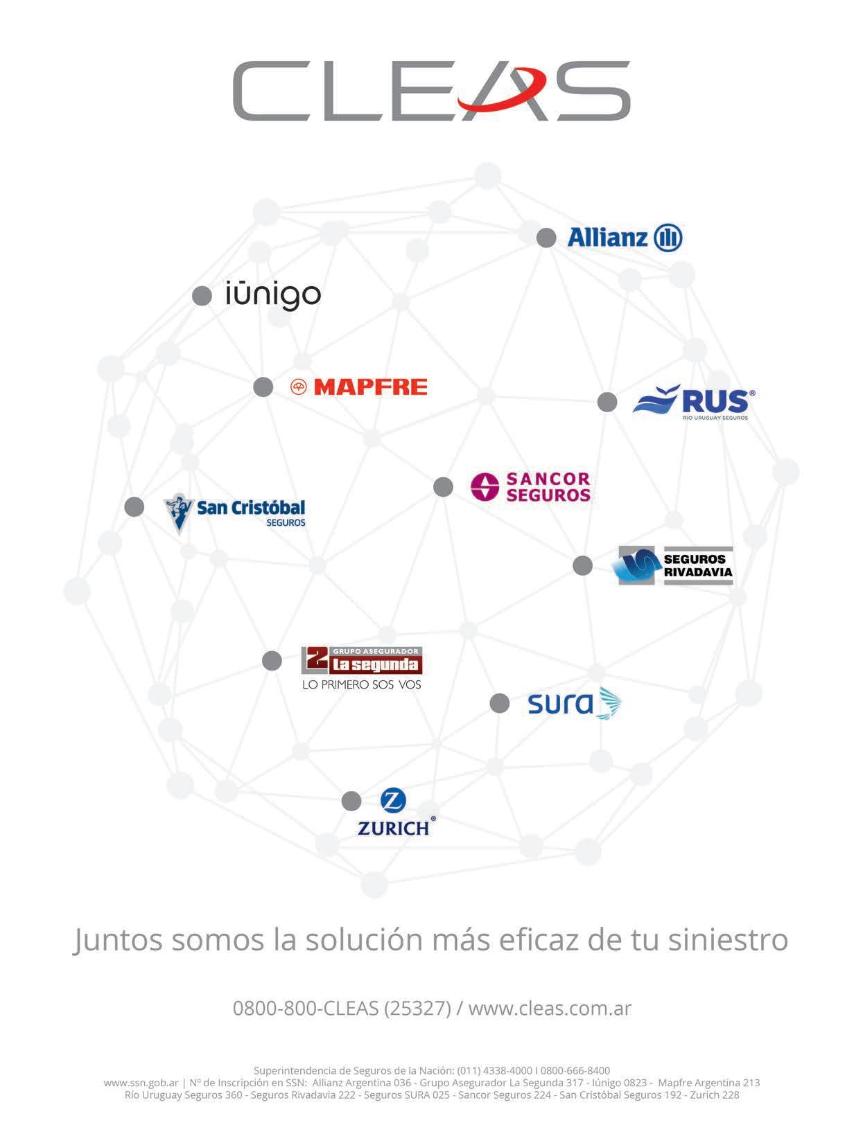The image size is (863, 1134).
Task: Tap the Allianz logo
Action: [625, 238]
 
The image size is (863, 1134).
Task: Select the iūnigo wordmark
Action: [273, 295]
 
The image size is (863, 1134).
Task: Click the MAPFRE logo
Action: [358, 387]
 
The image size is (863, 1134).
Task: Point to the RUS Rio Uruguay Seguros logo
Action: [693, 402]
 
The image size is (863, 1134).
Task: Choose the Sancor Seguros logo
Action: [530, 487]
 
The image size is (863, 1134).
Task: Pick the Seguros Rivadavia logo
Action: [675, 566]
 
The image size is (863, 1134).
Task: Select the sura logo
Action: [574, 704]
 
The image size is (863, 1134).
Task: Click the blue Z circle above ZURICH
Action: [393, 801]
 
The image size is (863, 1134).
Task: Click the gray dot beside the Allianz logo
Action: [546, 238]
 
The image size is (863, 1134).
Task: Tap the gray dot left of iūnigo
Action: [202, 296]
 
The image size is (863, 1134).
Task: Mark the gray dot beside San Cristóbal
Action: [134, 506]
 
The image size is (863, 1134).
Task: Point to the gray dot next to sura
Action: [499, 704]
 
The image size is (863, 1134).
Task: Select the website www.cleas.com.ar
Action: [550, 1008]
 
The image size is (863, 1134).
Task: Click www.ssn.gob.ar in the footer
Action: [141, 1083]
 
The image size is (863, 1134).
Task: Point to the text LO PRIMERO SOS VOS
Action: [362, 685]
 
